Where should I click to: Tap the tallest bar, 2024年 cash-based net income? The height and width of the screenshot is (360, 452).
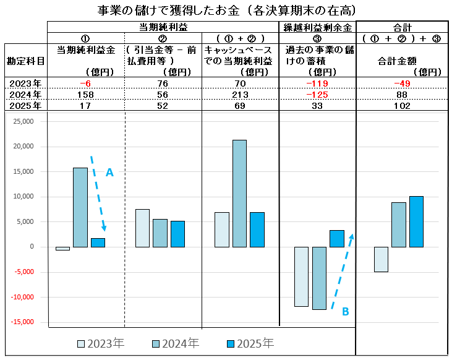point(239,193)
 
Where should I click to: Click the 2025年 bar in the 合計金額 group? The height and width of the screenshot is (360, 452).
point(416,221)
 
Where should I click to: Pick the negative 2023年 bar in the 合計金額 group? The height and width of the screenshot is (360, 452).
point(381,259)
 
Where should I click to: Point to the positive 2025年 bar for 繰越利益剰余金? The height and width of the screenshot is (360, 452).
point(336,238)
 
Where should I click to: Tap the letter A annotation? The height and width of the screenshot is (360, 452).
point(109,174)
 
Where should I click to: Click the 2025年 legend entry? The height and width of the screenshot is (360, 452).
point(250,343)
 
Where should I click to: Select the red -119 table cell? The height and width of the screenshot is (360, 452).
point(318,84)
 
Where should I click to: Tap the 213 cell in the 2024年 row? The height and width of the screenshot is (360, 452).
point(241,95)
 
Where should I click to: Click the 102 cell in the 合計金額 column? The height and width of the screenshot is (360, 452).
point(402,106)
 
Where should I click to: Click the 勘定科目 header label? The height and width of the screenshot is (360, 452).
point(25,61)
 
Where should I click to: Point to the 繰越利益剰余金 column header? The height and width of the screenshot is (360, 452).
point(318,27)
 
